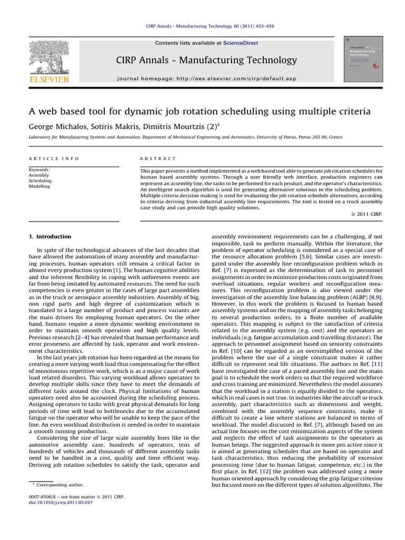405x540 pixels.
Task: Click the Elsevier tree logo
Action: pyautogui.click(x=49, y=56)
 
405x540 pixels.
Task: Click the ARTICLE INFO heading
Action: pyautogui.click(x=53, y=158)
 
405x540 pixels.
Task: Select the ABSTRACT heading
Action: pyautogui.click(x=158, y=158)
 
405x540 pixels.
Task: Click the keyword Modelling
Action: pyautogui.click(x=40, y=186)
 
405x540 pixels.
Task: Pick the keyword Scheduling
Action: pyautogui.click(x=40, y=181)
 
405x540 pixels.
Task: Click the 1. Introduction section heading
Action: pyautogui.click(x=50, y=237)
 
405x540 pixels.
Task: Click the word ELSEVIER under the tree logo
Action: pyautogui.click(x=49, y=79)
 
